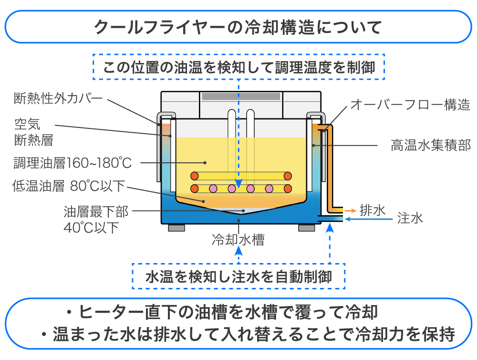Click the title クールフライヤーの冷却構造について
pyautogui.click(x=238, y=27)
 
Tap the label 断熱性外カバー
pyautogui.click(x=58, y=99)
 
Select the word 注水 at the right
pyautogui.click(x=410, y=219)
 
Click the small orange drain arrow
pyautogui.click(x=350, y=210)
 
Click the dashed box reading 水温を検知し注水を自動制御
pyautogui.click(x=238, y=276)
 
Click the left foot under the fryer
pyautogui.click(x=176, y=228)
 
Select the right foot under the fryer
pyautogui.click(x=306, y=228)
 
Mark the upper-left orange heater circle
pyautogui.click(x=194, y=176)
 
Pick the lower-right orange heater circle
pyautogui.click(x=287, y=188)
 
